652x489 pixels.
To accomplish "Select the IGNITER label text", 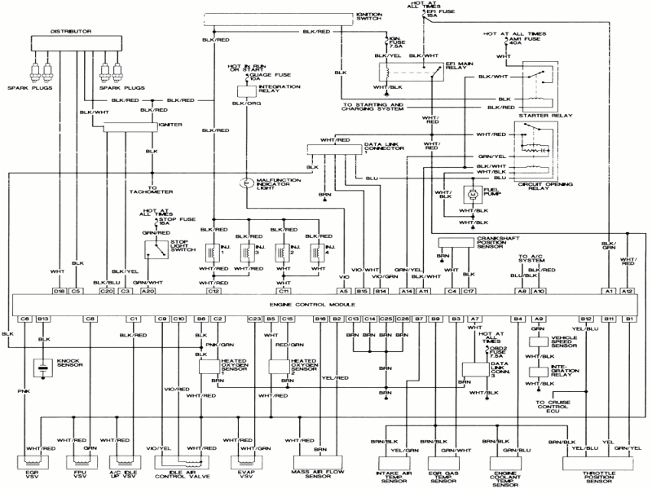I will click(170, 126).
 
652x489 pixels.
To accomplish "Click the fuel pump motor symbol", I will click(471, 196).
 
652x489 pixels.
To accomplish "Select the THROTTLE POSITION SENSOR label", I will click(588, 474).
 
